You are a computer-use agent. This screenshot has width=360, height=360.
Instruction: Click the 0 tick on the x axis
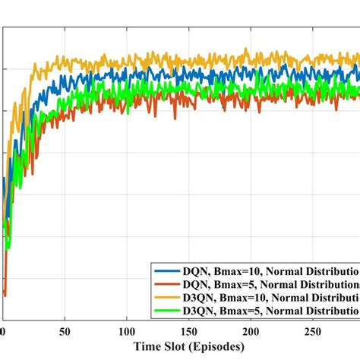(3, 331)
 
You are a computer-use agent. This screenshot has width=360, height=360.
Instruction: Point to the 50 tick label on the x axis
(65, 331)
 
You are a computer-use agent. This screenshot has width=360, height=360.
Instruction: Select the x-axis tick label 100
(127, 331)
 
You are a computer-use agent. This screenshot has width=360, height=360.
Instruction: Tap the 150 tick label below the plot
(190, 331)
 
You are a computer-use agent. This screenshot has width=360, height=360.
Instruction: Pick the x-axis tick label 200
(252, 331)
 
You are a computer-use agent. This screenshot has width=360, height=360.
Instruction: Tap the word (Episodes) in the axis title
(217, 347)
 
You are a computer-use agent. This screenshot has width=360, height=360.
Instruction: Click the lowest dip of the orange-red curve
(5, 295)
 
